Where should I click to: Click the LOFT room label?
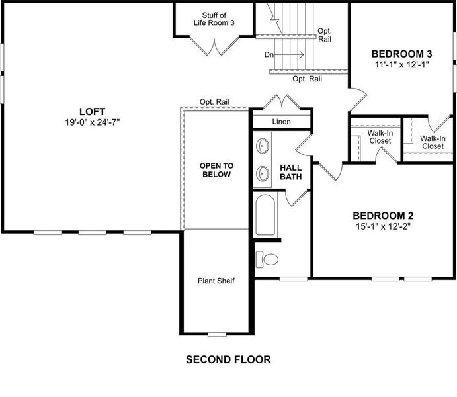coord(92,111)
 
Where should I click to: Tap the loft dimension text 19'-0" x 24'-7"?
coord(92,122)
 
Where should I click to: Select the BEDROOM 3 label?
coord(401,54)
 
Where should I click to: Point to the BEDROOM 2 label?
coord(383,216)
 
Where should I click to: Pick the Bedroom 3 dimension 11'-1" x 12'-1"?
coord(401,65)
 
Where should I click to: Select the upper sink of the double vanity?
coord(263,145)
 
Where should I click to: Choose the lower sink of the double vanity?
coord(263,173)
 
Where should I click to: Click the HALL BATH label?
coord(291,172)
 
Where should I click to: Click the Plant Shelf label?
coord(216,281)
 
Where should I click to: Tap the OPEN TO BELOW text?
coord(216,170)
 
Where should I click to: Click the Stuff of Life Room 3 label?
coord(214,19)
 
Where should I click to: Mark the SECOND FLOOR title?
coord(228,360)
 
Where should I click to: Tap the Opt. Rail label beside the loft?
coord(214,102)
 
